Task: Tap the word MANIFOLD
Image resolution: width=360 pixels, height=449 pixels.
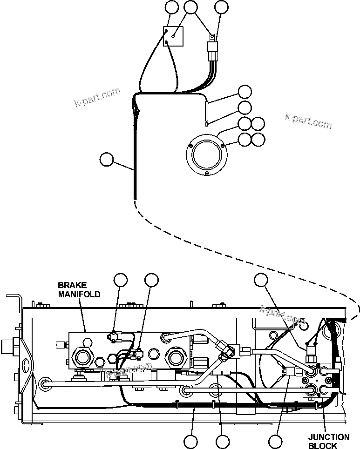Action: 79,294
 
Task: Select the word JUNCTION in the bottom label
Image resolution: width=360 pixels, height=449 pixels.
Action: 329,437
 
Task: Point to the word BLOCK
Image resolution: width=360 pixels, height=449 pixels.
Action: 323,446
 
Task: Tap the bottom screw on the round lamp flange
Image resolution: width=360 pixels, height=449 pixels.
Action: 206,174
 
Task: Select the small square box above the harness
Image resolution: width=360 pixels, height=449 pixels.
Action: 173,36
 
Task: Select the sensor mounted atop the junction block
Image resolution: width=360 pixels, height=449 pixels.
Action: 311,349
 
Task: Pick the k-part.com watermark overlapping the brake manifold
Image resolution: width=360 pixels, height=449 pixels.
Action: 129,370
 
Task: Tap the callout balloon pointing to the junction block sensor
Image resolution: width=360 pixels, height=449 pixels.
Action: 261,280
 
